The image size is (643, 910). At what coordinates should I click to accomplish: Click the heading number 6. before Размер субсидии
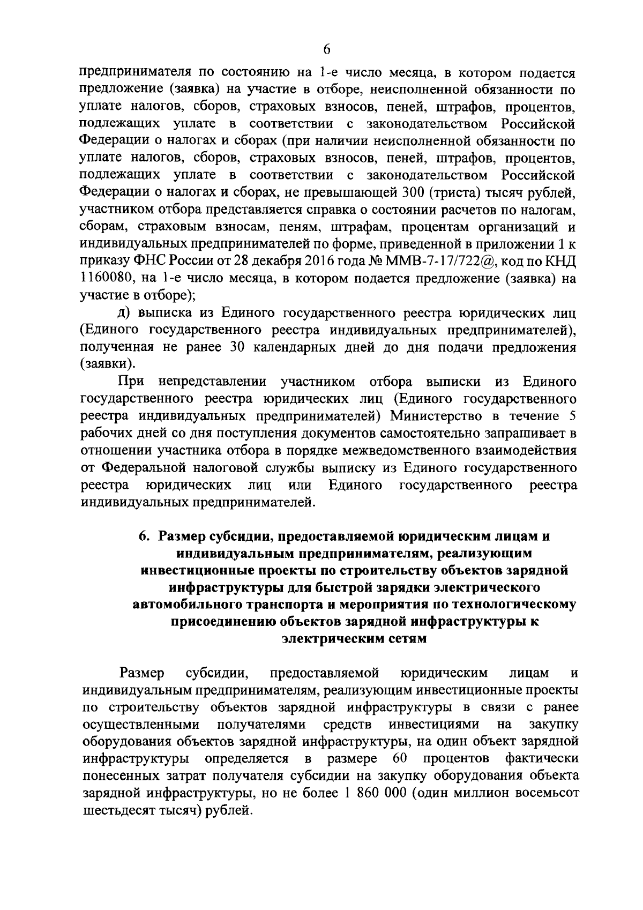pos(144,536)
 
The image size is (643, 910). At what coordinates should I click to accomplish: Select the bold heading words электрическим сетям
pos(354,639)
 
